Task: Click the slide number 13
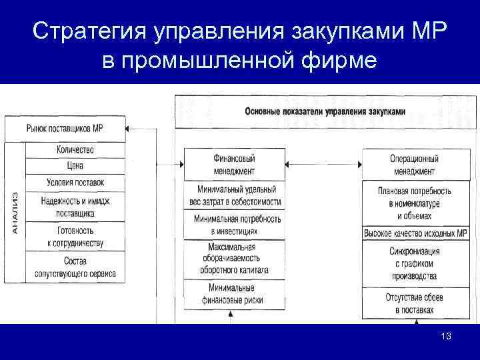(446, 337)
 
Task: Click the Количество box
(75, 149)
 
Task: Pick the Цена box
(75, 165)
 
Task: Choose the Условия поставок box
(75, 182)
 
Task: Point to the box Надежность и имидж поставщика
(75, 207)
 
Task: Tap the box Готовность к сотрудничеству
(75, 236)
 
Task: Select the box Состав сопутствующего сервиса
(75, 267)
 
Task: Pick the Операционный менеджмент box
(414, 165)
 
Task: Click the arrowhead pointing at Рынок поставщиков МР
(131, 128)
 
